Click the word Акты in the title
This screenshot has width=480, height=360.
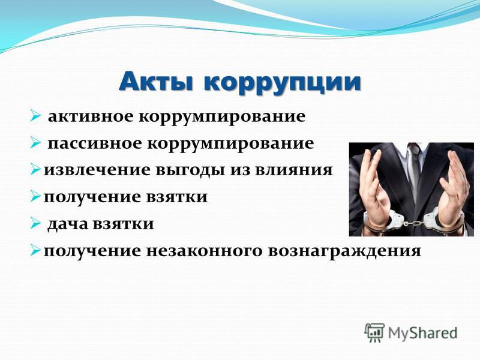point(157,82)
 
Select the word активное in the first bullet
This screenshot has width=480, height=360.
point(91,116)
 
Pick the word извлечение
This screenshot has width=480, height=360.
point(97,170)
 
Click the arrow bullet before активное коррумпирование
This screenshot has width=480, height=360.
point(35,116)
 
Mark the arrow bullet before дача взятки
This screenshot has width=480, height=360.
point(35,224)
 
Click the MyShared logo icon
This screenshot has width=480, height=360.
point(374,332)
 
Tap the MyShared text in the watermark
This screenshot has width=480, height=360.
point(422,333)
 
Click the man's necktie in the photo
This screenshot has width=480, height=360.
point(414,172)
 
